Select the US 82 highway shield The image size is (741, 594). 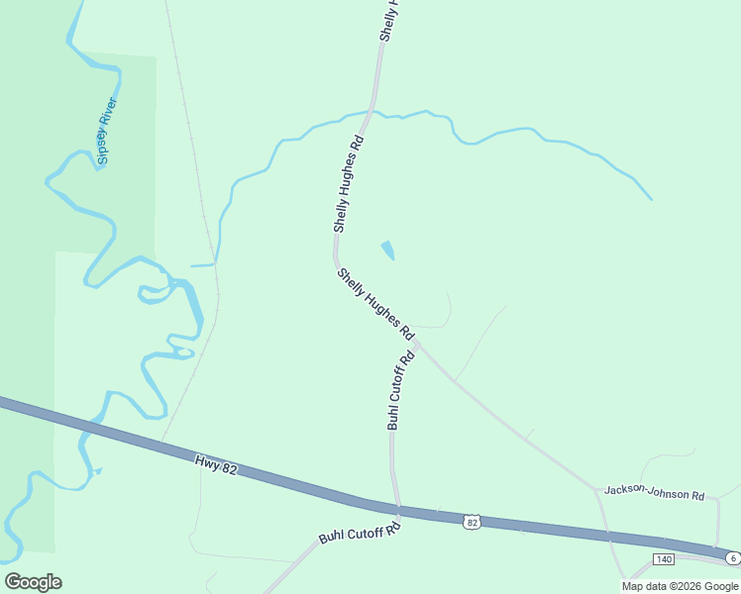472,521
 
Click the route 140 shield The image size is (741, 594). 664,559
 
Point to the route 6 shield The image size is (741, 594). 732,558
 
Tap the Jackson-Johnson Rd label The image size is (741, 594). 654,491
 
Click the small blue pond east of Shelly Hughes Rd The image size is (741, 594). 387,250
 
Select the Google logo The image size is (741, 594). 33,581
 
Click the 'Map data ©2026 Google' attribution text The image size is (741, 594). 680,586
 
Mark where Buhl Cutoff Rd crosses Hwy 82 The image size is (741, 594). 398,509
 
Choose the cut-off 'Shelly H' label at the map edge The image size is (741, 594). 389,20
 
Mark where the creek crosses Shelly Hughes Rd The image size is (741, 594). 370,116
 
